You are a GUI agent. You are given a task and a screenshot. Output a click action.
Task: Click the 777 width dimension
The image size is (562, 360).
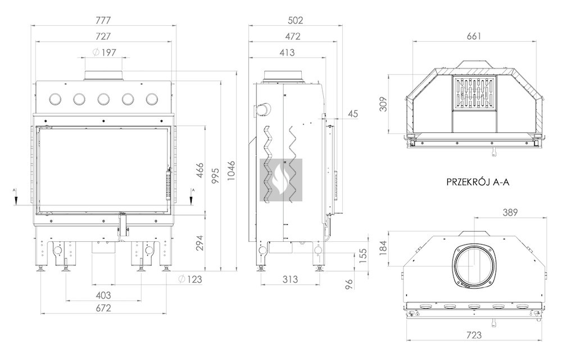click(103, 20)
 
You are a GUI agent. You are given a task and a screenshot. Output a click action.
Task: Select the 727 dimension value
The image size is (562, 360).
click(103, 36)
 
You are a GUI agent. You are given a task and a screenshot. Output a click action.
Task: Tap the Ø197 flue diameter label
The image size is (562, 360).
click(105, 52)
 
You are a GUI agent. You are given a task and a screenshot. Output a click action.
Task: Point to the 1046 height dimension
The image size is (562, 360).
click(230, 170)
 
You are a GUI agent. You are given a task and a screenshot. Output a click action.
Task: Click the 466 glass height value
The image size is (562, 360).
click(200, 170)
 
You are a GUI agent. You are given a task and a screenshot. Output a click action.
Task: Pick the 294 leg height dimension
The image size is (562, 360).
click(200, 243)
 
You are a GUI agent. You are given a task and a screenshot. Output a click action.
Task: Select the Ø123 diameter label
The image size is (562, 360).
click(190, 279)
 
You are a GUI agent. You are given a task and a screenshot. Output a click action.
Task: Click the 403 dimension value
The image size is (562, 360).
click(103, 295)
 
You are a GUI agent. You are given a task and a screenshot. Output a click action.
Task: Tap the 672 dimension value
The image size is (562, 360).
click(103, 308)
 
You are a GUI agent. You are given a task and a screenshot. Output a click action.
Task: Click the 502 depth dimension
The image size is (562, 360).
click(296, 20)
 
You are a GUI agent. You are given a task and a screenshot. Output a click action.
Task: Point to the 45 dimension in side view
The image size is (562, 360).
click(353, 114)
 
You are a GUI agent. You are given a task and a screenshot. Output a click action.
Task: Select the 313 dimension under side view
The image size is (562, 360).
click(290, 279)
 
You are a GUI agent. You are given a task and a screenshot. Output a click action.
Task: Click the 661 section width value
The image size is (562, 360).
click(474, 36)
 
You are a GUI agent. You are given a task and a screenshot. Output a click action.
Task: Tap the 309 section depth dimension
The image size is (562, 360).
click(383, 104)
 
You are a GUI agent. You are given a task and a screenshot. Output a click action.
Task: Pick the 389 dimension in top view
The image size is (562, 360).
click(510, 212)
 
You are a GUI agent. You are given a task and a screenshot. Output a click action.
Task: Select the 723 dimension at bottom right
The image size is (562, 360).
click(474, 335)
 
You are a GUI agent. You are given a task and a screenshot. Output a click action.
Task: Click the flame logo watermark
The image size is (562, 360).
click(281, 180)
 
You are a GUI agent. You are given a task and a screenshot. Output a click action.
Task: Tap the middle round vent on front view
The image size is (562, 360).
click(103, 98)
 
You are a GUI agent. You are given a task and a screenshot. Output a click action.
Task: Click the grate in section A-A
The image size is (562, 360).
click(474, 93)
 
